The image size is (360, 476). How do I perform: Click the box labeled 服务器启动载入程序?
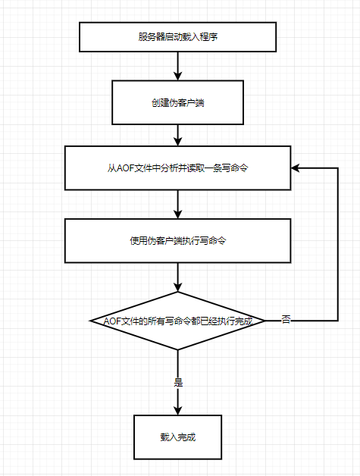177,36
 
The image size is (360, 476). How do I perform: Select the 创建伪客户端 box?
177,102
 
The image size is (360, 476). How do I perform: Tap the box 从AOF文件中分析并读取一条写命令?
177,168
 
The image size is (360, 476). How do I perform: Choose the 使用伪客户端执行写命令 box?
177,241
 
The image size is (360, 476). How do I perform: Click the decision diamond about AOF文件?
177,321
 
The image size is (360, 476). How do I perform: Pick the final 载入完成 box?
177,437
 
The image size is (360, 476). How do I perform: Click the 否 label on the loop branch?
286,319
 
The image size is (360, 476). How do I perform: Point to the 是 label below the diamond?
178,382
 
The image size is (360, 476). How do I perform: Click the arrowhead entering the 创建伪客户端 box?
177,77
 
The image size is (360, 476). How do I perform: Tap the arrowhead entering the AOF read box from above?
177,142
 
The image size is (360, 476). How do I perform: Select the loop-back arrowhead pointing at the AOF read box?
295,168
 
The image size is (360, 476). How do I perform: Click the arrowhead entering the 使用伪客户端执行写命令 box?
177,215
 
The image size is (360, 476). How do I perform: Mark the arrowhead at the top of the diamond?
177,287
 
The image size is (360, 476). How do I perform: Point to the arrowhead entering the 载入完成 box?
177,411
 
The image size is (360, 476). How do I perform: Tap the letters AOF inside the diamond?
112,321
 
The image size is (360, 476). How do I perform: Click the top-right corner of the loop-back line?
338,168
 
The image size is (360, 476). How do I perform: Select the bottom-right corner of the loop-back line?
338,321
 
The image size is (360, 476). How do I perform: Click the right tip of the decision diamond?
265,321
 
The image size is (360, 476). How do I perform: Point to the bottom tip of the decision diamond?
177,349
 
